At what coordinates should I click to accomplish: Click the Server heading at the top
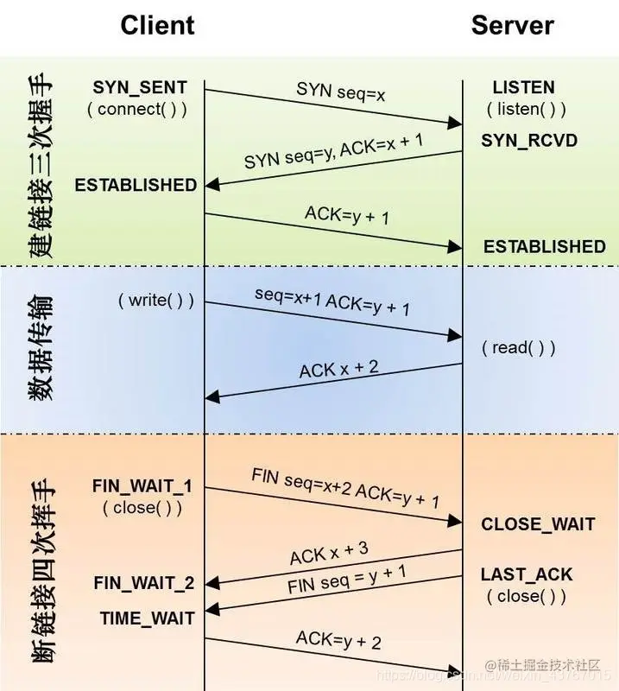pos(513,25)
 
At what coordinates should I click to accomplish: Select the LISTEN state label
pos(523,87)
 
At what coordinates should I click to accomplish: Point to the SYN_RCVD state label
pos(529,140)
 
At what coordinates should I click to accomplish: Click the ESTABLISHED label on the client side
pos(136,185)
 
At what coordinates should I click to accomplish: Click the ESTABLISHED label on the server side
pos(544,247)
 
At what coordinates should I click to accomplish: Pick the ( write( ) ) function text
pos(155,301)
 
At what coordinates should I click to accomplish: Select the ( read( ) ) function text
pos(518,347)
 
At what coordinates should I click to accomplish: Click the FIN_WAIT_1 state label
pos(142,486)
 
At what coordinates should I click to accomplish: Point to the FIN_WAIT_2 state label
pos(143,584)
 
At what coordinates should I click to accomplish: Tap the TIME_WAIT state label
pos(147,618)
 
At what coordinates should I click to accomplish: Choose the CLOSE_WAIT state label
pos(538,524)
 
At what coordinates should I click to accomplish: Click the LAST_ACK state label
pos(527,574)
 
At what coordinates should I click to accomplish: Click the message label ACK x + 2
pos(338,369)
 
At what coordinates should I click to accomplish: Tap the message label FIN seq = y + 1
pos(346,580)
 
